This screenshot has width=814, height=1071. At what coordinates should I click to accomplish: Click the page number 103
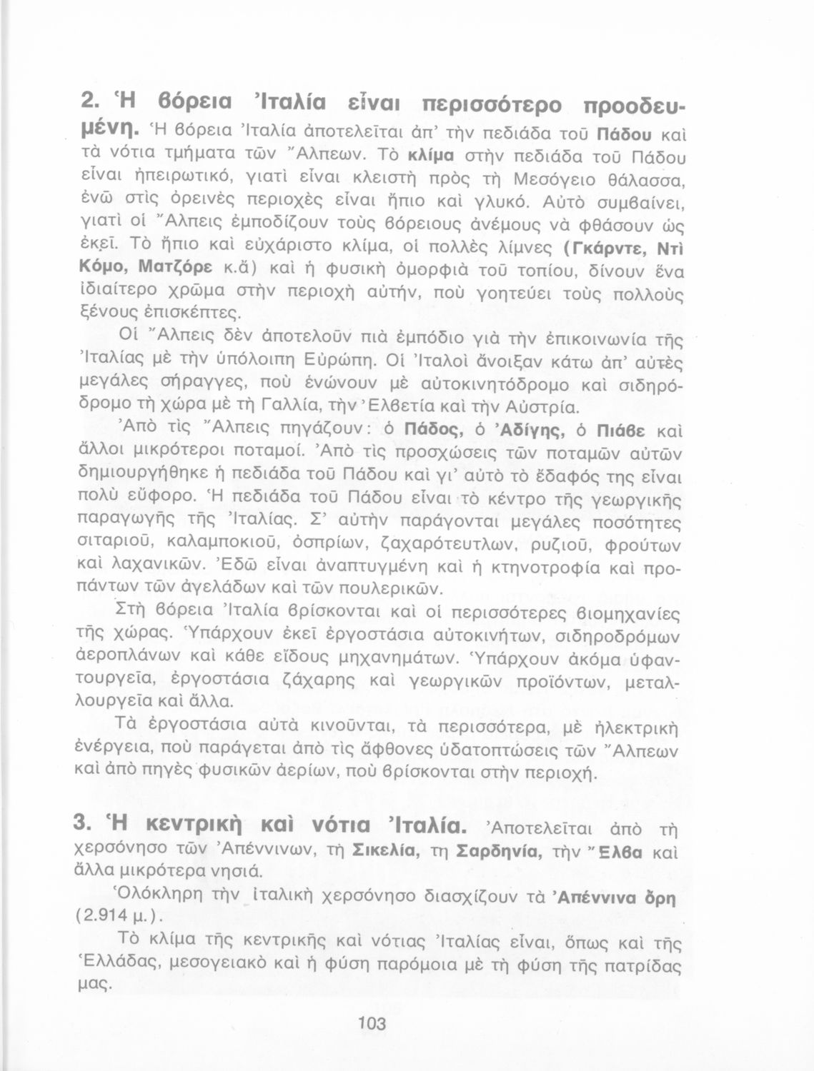click(373, 1023)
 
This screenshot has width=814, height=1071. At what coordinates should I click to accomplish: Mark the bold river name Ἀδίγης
click(529, 431)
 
